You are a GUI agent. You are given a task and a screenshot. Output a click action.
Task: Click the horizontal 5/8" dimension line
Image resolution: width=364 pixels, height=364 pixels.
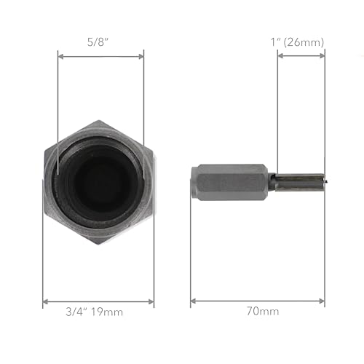tap(100, 56)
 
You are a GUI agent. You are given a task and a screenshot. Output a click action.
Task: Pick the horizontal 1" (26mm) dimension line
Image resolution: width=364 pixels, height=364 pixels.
tap(301, 56)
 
